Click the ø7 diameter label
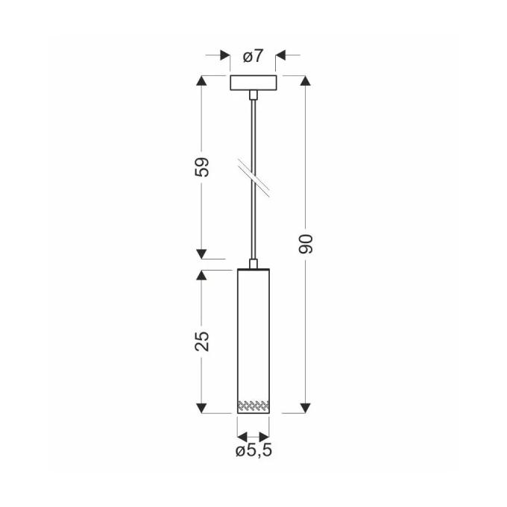click(253, 56)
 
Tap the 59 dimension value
click(202, 167)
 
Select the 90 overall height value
click(306, 244)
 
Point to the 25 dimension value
click(202, 341)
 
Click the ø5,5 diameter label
click(253, 450)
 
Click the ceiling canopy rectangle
click(253, 83)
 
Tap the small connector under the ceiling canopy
click(253, 95)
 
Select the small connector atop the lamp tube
click(253, 264)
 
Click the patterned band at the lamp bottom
click(253, 406)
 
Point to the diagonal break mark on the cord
click(253, 178)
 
